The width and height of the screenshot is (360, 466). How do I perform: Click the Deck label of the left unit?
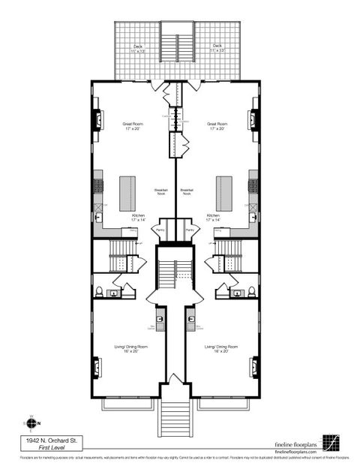[138, 47]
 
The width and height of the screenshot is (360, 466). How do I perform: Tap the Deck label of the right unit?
[217, 47]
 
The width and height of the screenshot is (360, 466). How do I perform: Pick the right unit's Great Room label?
[217, 125]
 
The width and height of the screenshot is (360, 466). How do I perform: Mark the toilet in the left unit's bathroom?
[98, 291]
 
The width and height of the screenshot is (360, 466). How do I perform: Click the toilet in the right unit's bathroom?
[251, 291]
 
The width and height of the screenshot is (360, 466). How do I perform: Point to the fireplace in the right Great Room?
[253, 120]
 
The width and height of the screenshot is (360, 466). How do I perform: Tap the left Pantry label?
[160, 230]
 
